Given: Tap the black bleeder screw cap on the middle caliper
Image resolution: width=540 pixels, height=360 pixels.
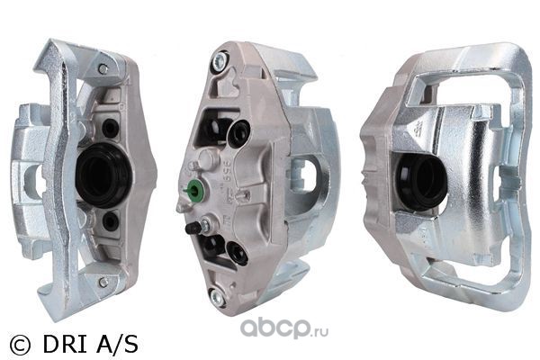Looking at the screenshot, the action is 193,229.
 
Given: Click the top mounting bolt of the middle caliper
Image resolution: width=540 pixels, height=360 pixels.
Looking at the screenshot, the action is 220,61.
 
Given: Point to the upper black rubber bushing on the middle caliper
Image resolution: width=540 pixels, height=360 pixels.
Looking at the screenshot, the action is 238,134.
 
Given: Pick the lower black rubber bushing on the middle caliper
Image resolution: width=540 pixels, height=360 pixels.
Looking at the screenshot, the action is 238,253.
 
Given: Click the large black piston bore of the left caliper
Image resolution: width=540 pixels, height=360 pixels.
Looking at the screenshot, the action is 103,175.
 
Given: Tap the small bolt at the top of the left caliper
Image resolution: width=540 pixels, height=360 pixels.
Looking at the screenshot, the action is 103,68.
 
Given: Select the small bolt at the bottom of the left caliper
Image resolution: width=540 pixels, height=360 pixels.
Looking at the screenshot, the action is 103,282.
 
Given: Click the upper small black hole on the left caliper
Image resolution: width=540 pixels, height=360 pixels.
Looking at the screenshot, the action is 111,128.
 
